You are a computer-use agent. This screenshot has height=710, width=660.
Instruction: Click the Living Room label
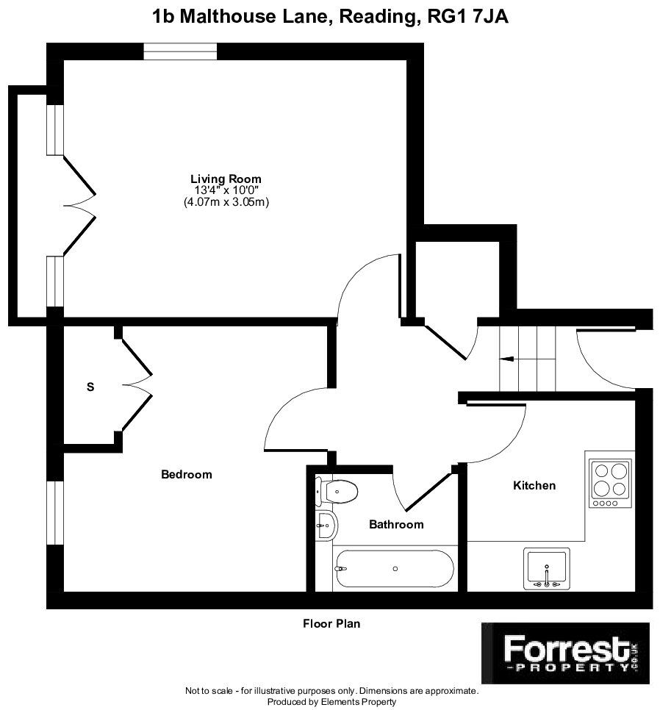pyautogui.click(x=226, y=179)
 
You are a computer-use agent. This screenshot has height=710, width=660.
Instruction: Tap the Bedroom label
pyautogui.click(x=187, y=475)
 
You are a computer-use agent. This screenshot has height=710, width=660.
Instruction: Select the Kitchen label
pyautogui.click(x=534, y=485)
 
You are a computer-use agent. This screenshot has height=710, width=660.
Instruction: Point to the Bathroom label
pyautogui.click(x=396, y=524)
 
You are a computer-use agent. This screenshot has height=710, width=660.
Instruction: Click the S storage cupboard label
pyautogui.click(x=90, y=387)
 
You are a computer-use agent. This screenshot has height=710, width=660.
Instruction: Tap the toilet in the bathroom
pyautogui.click(x=337, y=491)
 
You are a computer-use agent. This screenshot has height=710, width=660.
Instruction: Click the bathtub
pyautogui.click(x=393, y=569)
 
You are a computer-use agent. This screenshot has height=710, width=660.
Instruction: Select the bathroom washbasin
pyautogui.click(x=326, y=526)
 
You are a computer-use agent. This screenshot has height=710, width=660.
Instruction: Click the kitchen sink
pyautogui.click(x=546, y=569)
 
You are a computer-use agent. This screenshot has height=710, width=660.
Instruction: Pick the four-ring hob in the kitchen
pyautogui.click(x=610, y=483)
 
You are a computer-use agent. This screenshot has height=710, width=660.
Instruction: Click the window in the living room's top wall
pyautogui.click(x=180, y=51)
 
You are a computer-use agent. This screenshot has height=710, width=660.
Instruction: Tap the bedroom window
pyautogui.click(x=55, y=512)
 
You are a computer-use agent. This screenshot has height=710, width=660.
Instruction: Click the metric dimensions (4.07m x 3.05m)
pyautogui.click(x=226, y=202)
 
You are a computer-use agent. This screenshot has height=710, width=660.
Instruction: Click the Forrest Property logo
pyautogui.click(x=565, y=653)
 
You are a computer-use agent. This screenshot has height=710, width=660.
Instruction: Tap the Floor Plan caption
pyautogui.click(x=331, y=623)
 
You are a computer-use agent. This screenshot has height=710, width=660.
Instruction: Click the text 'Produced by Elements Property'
pyautogui.click(x=331, y=702)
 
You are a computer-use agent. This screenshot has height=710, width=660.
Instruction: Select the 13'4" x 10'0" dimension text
pyautogui.click(x=226, y=190)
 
